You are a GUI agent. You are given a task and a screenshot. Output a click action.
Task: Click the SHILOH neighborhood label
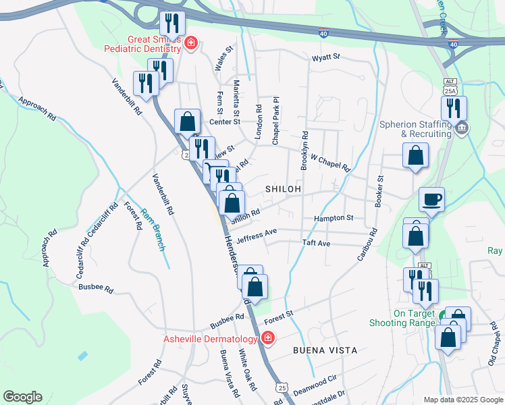283,190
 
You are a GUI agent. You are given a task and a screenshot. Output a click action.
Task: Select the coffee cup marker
431,200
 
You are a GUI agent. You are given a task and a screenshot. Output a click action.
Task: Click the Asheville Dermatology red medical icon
268,338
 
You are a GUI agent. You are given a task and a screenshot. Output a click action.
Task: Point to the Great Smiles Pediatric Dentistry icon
191,44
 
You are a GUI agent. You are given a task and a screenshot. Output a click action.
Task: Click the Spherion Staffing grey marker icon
462,128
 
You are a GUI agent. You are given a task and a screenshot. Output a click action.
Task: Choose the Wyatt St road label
325,58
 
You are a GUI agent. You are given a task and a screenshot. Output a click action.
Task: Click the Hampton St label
334,218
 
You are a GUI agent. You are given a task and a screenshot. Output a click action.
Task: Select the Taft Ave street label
316,242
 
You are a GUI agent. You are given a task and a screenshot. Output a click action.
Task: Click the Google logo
22,397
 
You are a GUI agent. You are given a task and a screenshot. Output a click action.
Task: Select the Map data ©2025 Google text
463,400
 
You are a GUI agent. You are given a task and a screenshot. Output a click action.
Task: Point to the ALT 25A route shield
450,86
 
